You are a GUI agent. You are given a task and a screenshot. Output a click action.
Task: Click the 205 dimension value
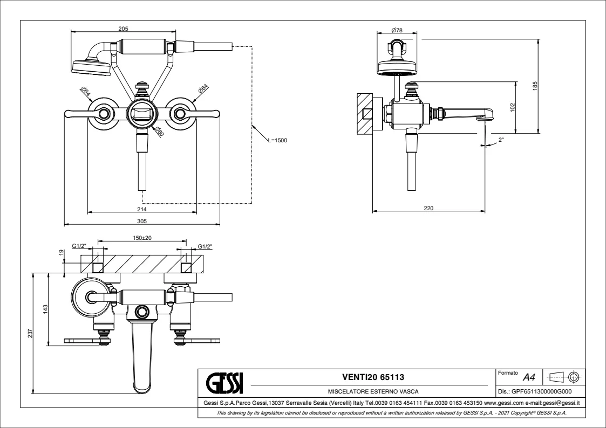pos(123,29)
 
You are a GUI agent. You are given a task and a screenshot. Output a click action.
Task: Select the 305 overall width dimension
pos(141,220)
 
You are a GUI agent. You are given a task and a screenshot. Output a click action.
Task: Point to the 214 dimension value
pos(141,209)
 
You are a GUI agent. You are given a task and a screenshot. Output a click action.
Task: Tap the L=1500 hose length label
pos(277,140)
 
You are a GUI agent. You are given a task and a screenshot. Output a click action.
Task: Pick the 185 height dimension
pos(535,85)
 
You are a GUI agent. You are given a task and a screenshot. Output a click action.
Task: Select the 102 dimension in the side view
pos(513,107)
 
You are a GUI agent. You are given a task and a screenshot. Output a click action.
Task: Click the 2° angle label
pos(501,140)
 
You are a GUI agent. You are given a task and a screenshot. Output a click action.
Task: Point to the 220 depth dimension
pos(429,208)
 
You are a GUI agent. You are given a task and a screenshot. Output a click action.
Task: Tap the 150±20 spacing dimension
pos(142,238)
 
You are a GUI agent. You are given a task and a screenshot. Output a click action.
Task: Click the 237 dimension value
pos(30,334)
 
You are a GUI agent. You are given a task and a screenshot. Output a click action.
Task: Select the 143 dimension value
pos(46,308)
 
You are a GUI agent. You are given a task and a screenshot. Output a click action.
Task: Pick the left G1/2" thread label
pos(79,246)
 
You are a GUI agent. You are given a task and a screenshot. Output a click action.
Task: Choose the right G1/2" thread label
pos(205,246)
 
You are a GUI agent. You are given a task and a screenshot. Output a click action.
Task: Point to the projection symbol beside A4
pos(563,376)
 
